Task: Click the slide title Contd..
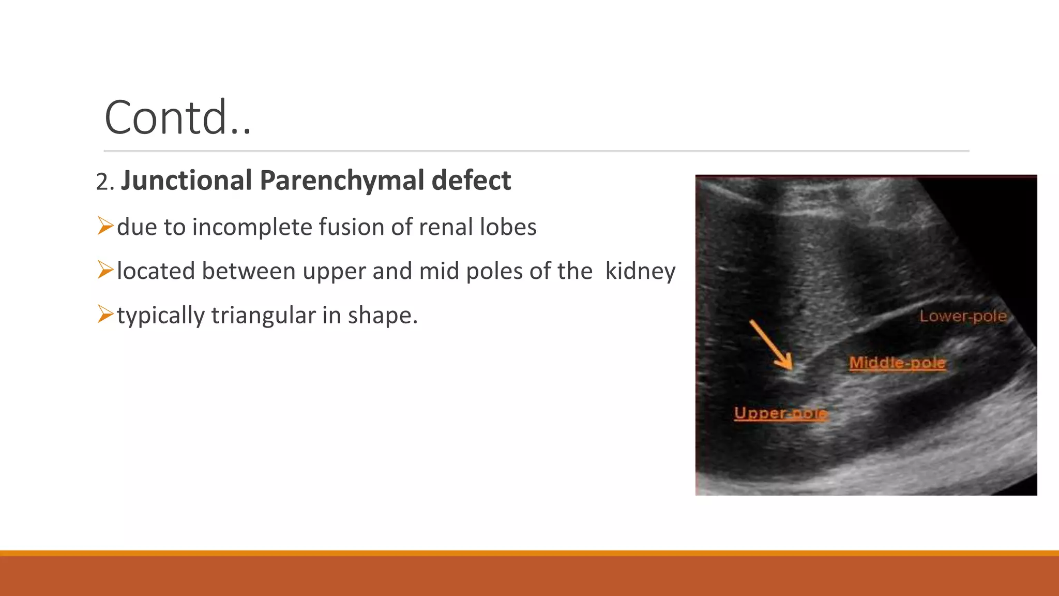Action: (177, 118)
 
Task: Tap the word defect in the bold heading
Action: (471, 181)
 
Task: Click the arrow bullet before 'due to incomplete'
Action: (105, 226)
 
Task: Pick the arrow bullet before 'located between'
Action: (105, 270)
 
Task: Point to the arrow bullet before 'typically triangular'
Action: (105, 314)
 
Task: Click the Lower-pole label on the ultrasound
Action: (963, 316)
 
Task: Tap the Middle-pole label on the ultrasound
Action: (897, 363)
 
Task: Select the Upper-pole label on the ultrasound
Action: (781, 413)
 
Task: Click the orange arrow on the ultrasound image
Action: (771, 344)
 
